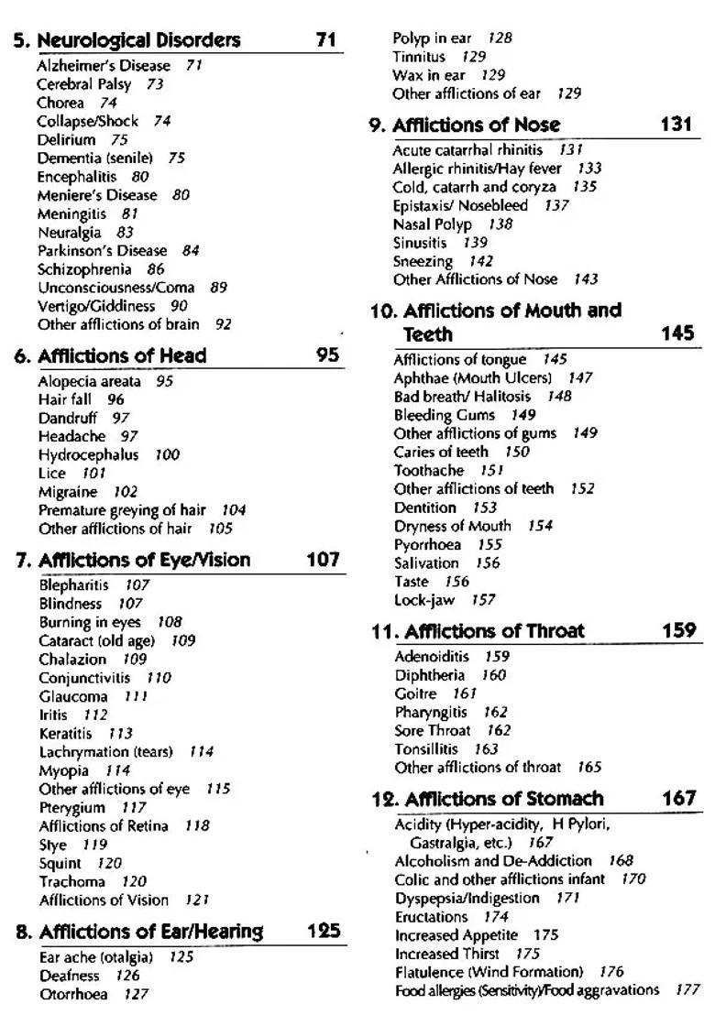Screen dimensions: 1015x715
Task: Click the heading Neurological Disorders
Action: [138, 40]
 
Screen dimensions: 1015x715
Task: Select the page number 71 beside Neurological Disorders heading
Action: [325, 40]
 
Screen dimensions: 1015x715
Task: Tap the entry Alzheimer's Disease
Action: [104, 66]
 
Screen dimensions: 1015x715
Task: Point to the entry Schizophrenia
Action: [87, 269]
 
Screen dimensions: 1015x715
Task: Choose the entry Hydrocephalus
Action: [89, 455]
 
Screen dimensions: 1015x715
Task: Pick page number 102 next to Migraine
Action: [125, 492]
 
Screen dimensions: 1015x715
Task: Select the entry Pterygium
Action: [72, 808]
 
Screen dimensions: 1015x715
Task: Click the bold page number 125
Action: [324, 932]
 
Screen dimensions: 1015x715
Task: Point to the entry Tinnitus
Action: [419, 57]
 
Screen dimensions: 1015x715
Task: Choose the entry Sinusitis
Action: [420, 243]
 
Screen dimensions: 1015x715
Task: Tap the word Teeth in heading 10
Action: [428, 334]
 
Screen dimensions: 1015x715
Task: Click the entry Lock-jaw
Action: [424, 600]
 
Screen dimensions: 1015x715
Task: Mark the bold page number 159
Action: [678, 630]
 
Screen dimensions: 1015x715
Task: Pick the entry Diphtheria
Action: [430, 675]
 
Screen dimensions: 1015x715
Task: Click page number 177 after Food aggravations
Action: [687, 990]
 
